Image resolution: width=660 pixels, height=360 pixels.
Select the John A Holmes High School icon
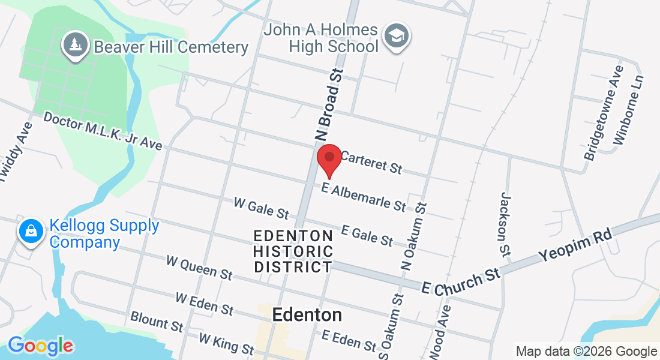pyautogui.click(x=396, y=36)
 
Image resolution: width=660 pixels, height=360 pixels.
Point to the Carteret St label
pyautogui.click(x=371, y=162)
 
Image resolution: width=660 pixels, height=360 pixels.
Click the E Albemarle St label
pyautogui.click(x=364, y=197)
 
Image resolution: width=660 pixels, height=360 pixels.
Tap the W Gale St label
pyautogui.click(x=261, y=208)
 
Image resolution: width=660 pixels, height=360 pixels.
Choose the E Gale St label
pyautogui.click(x=367, y=235)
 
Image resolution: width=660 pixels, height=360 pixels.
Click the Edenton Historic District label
pyautogui.click(x=293, y=251)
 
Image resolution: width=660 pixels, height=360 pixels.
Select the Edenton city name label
pyautogui.click(x=307, y=314)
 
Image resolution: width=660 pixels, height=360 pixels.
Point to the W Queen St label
pyautogui.click(x=199, y=268)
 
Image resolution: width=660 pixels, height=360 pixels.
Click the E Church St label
pyautogui.click(x=461, y=280)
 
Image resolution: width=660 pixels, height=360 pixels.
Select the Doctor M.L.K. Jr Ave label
pyautogui.click(x=103, y=130)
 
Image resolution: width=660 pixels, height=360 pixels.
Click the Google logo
pyautogui.click(x=40, y=346)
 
